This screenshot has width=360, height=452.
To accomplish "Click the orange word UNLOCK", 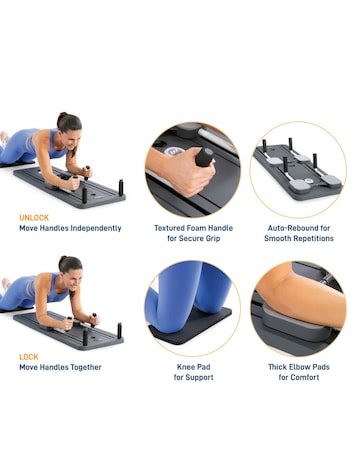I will (x=35, y=217).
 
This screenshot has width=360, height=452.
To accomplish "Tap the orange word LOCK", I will (x=29, y=356).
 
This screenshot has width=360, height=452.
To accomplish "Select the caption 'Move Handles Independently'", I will (x=71, y=228).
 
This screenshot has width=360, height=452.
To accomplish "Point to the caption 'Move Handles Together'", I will (x=62, y=367).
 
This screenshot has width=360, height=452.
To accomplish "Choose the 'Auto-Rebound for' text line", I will (x=298, y=228).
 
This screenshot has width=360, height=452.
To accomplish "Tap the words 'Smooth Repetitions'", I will (x=298, y=239).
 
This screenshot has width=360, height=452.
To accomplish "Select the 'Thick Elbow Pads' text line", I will (x=298, y=366).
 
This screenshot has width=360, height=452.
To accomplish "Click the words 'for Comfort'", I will (x=298, y=377).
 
